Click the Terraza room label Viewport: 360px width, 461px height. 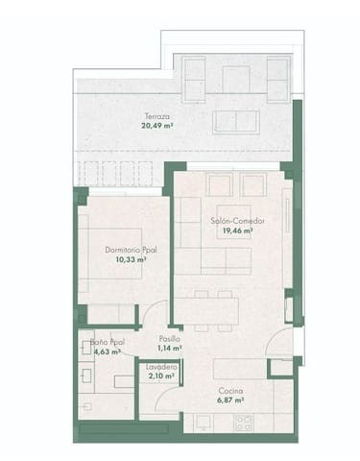point(156,114)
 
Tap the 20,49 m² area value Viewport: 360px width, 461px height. point(156,124)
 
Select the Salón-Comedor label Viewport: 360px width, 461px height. point(238,221)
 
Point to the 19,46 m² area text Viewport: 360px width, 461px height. point(238,230)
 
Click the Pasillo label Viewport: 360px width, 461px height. point(169,339)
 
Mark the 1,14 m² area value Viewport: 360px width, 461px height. point(170,349)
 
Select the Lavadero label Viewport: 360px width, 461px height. point(160,367)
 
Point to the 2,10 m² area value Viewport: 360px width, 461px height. point(160,376)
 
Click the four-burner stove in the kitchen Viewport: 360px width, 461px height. point(244,422)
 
